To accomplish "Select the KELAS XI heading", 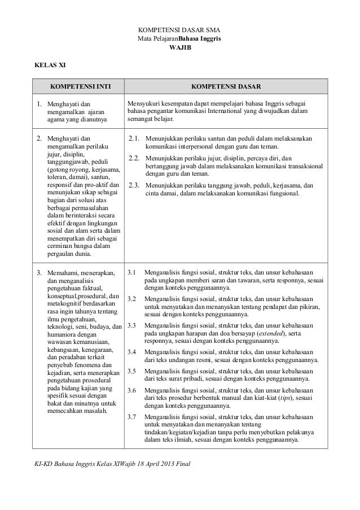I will [x=50, y=65].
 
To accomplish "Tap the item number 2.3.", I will [x=134, y=184].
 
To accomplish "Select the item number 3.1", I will [x=132, y=273].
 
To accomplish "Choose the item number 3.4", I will [x=132, y=352].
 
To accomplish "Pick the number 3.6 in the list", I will [x=132, y=390].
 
